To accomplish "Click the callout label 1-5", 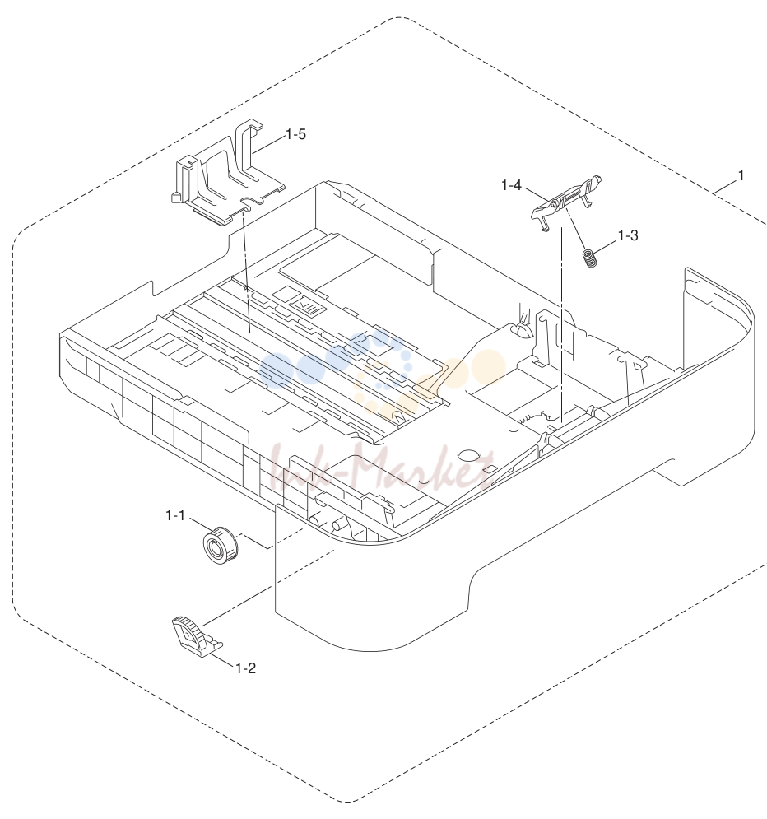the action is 295,134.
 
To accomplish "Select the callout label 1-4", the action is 511,185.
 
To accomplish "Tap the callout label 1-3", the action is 628,235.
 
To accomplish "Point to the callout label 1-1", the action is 175,515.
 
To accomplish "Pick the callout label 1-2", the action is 245,668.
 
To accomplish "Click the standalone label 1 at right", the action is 741,175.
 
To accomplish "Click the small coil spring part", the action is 589,258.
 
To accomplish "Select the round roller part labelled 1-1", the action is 220,545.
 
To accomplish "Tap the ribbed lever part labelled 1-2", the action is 196,634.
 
